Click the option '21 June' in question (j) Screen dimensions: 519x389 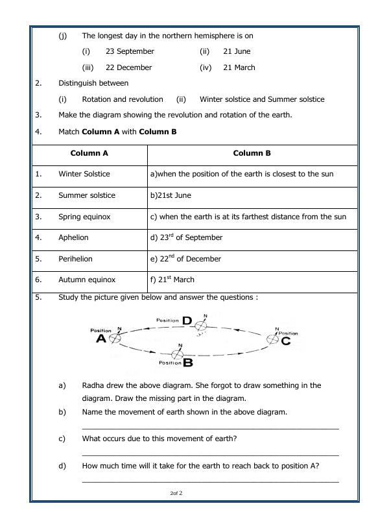pyautogui.click(x=237, y=51)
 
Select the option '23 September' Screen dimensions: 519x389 pyautogui.click(x=130, y=51)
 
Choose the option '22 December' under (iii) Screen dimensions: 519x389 pyautogui.click(x=128, y=67)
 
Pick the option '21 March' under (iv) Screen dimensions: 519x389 pyautogui.click(x=239, y=67)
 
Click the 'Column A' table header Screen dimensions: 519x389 pyautogui.click(x=89, y=154)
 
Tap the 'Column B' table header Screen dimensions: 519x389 pyautogui.click(x=252, y=154)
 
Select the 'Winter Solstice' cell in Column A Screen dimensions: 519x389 pyautogui.click(x=84, y=174)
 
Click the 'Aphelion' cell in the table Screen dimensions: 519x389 pyautogui.click(x=73, y=237)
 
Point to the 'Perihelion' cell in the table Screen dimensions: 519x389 pyautogui.click(x=75, y=259)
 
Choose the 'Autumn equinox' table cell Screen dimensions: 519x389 pyautogui.click(x=87, y=280)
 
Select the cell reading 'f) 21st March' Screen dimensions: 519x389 pyautogui.click(x=171, y=280)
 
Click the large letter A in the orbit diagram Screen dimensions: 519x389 pyautogui.click(x=101, y=339)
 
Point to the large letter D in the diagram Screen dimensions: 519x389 pyautogui.click(x=187, y=320)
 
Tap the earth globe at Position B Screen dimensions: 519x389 pyautogui.click(x=176, y=354)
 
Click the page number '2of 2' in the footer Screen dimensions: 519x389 pyautogui.click(x=176, y=494)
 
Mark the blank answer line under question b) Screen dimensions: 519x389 pyautogui.click(x=210, y=428)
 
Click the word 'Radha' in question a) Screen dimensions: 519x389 pyautogui.click(x=93, y=385)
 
